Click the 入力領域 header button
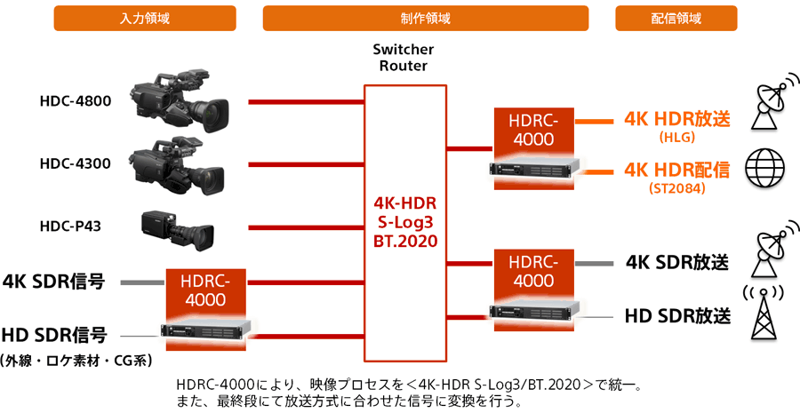(x=145, y=19)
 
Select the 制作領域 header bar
(x=426, y=19)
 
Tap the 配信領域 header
(x=676, y=19)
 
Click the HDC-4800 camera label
(x=76, y=101)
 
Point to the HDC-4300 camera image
(x=176, y=167)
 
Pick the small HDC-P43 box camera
(x=178, y=229)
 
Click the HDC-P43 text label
(x=70, y=226)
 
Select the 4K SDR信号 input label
(x=54, y=281)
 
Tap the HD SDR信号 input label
(x=54, y=335)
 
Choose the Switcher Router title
(x=403, y=58)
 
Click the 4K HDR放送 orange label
(x=677, y=119)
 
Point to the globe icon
(x=764, y=168)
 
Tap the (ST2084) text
(x=677, y=188)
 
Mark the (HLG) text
(x=677, y=138)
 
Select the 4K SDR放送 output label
(x=677, y=262)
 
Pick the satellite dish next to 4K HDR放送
(x=773, y=100)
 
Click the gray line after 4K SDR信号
(x=143, y=282)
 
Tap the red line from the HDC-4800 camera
(x=306, y=102)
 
